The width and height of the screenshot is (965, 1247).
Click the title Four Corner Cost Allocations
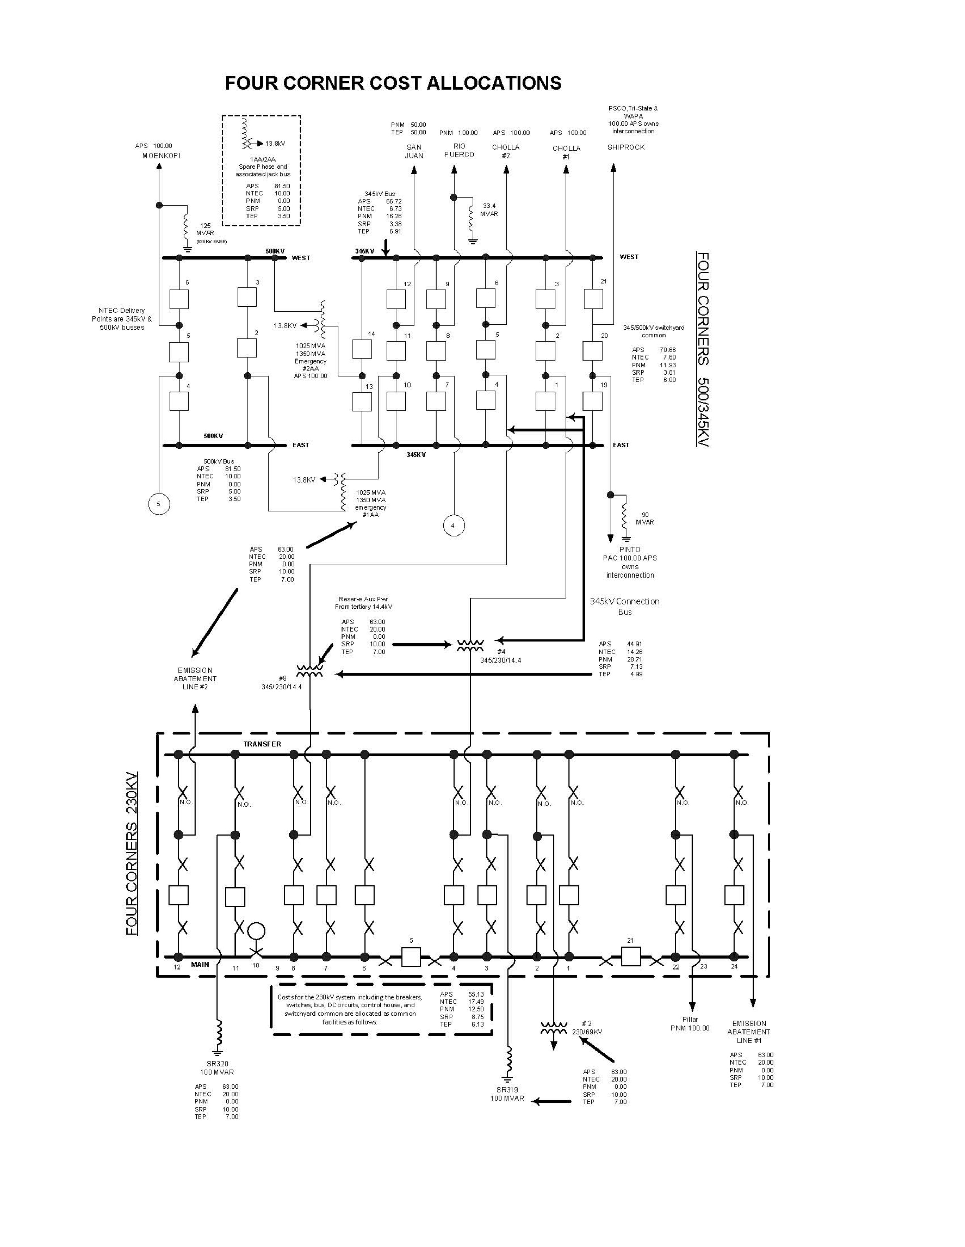tap(393, 83)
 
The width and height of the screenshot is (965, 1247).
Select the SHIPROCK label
tap(626, 147)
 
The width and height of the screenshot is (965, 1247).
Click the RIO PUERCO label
tap(459, 150)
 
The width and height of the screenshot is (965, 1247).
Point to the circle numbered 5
tap(159, 504)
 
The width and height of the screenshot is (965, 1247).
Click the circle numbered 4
tap(453, 525)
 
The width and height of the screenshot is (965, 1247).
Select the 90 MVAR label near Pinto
tap(645, 518)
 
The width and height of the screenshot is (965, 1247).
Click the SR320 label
tap(217, 1064)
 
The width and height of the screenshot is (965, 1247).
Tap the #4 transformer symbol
tap(470, 645)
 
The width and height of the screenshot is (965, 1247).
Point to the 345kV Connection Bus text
tap(625, 606)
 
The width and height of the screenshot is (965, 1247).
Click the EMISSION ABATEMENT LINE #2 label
tap(195, 678)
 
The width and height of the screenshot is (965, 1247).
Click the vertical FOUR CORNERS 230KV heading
tap(132, 854)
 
